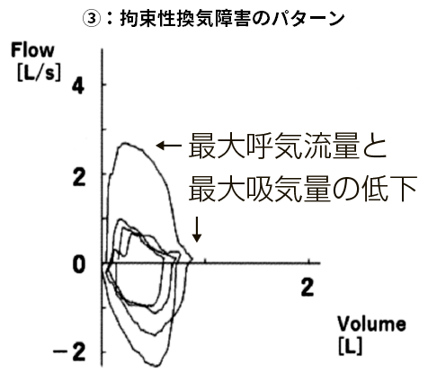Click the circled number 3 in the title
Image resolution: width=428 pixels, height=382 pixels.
(x=91, y=19)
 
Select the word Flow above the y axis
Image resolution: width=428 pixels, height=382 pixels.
(x=32, y=50)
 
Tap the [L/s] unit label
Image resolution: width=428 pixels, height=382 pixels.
(x=39, y=73)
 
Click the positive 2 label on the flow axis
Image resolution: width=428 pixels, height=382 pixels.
(x=79, y=178)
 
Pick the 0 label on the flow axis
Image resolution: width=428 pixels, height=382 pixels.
(x=79, y=265)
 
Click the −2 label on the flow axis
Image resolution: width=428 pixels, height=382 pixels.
(x=69, y=352)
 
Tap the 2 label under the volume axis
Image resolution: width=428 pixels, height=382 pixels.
(x=308, y=287)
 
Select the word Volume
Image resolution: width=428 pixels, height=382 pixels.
(x=372, y=324)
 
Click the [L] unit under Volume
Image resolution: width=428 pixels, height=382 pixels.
(x=350, y=346)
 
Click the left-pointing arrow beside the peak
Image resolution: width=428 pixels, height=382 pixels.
(x=169, y=146)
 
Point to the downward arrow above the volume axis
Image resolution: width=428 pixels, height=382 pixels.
(x=197, y=229)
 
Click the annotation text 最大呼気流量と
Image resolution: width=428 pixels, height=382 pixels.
(x=288, y=146)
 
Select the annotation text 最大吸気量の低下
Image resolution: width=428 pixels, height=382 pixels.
(x=303, y=189)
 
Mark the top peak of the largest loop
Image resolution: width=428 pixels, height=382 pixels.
(x=125, y=144)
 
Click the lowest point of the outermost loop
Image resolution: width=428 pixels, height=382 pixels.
(x=156, y=366)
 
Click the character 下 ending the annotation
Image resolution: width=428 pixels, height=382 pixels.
(x=404, y=189)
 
